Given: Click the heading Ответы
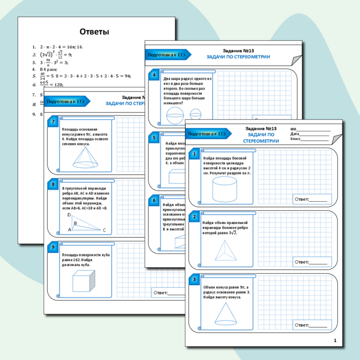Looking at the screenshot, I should [94, 32].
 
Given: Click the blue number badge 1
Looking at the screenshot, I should [194, 153].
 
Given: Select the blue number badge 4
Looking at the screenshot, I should [153, 75].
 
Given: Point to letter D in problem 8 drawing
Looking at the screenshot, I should [69, 215].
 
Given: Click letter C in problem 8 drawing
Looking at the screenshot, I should [104, 230].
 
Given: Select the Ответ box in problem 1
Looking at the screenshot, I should [311, 199].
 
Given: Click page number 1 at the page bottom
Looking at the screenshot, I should [335, 341].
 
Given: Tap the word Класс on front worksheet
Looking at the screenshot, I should [296, 139].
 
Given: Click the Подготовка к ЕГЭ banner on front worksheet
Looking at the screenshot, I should [207, 134].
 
